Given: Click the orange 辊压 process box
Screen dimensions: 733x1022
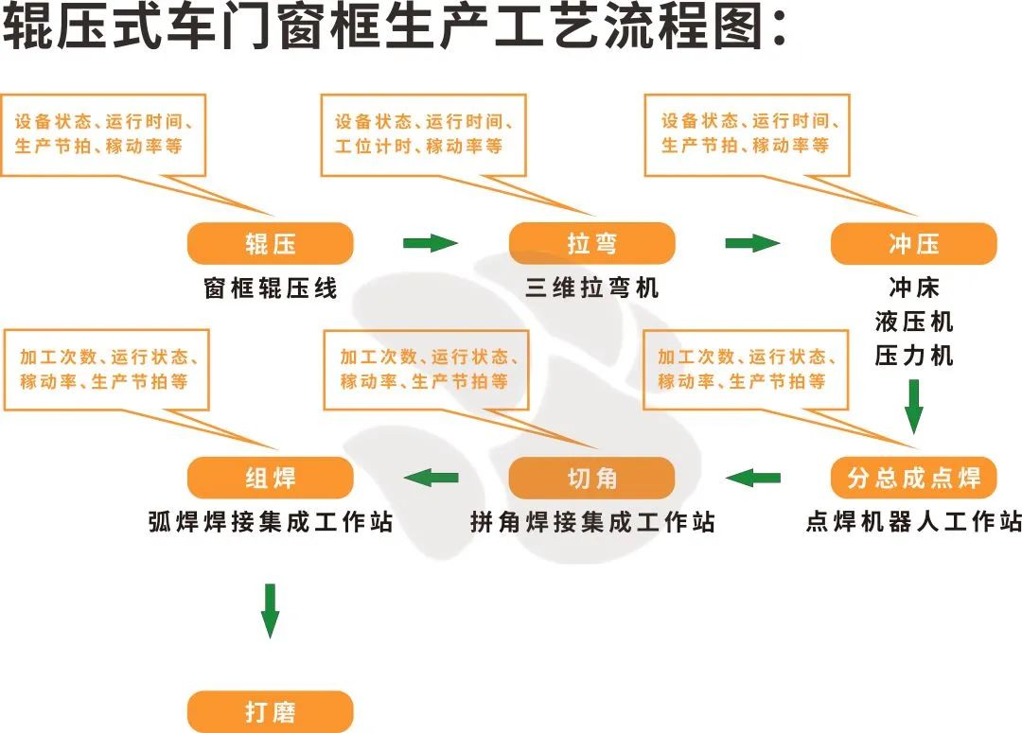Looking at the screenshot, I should pyautogui.click(x=271, y=244).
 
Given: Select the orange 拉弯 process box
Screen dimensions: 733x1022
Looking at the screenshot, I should pyautogui.click(x=592, y=244).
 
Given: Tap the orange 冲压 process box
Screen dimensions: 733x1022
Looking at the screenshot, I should pyautogui.click(x=913, y=244).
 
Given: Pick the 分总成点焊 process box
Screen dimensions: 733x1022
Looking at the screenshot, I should pyautogui.click(x=913, y=478).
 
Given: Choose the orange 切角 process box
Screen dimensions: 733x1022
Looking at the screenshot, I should pyautogui.click(x=592, y=479).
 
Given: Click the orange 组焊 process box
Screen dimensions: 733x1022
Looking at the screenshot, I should pyautogui.click(x=271, y=479).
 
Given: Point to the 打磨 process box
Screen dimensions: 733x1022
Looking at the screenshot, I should pyautogui.click(x=271, y=711).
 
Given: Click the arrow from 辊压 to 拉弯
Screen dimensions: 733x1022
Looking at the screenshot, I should pyautogui.click(x=431, y=244).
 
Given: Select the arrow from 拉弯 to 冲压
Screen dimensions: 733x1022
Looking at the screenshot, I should pyautogui.click(x=752, y=244).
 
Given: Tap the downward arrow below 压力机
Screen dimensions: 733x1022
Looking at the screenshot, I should pyautogui.click(x=914, y=405).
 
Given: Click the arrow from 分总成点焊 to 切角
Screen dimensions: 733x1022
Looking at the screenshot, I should pyautogui.click(x=753, y=478).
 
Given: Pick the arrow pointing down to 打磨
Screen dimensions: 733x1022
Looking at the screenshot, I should pyautogui.click(x=271, y=610).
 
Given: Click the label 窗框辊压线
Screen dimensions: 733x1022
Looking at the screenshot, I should pyautogui.click(x=271, y=288).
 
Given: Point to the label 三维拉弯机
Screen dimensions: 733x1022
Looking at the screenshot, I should pyautogui.click(x=592, y=288).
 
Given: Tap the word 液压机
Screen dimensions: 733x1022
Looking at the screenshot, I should pyautogui.click(x=914, y=322).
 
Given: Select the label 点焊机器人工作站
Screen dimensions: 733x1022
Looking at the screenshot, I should pyautogui.click(x=913, y=522).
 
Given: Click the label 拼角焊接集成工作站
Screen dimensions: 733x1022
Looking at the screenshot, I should pyautogui.click(x=592, y=522).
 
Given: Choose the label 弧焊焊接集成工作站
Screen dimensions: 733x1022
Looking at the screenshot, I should pyautogui.click(x=271, y=522).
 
